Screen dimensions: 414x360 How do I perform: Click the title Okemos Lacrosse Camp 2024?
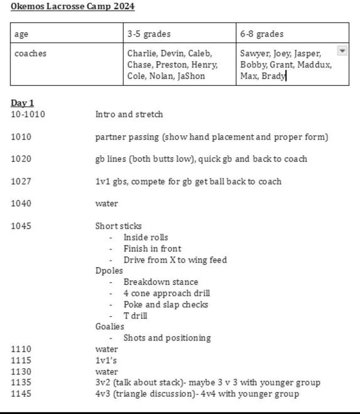click(x=72, y=6)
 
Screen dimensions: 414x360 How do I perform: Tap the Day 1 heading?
click(x=22, y=103)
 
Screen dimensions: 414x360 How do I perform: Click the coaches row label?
click(x=30, y=53)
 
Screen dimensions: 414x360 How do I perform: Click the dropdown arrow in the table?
click(x=342, y=51)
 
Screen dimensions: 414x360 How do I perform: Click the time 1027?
click(x=21, y=181)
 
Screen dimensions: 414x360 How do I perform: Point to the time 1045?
click(x=21, y=226)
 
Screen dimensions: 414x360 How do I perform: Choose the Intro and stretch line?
click(x=129, y=114)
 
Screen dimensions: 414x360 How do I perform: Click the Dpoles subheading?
click(x=109, y=271)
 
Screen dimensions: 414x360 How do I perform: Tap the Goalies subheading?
click(x=110, y=327)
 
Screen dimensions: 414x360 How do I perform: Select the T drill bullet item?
click(x=135, y=316)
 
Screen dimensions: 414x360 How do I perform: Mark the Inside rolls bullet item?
click(x=146, y=237)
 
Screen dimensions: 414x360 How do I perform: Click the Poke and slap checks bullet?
click(x=166, y=305)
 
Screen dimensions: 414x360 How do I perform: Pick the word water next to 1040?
click(x=107, y=204)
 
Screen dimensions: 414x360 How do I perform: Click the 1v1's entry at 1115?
click(x=106, y=360)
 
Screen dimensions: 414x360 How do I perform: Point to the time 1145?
click(x=21, y=394)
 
